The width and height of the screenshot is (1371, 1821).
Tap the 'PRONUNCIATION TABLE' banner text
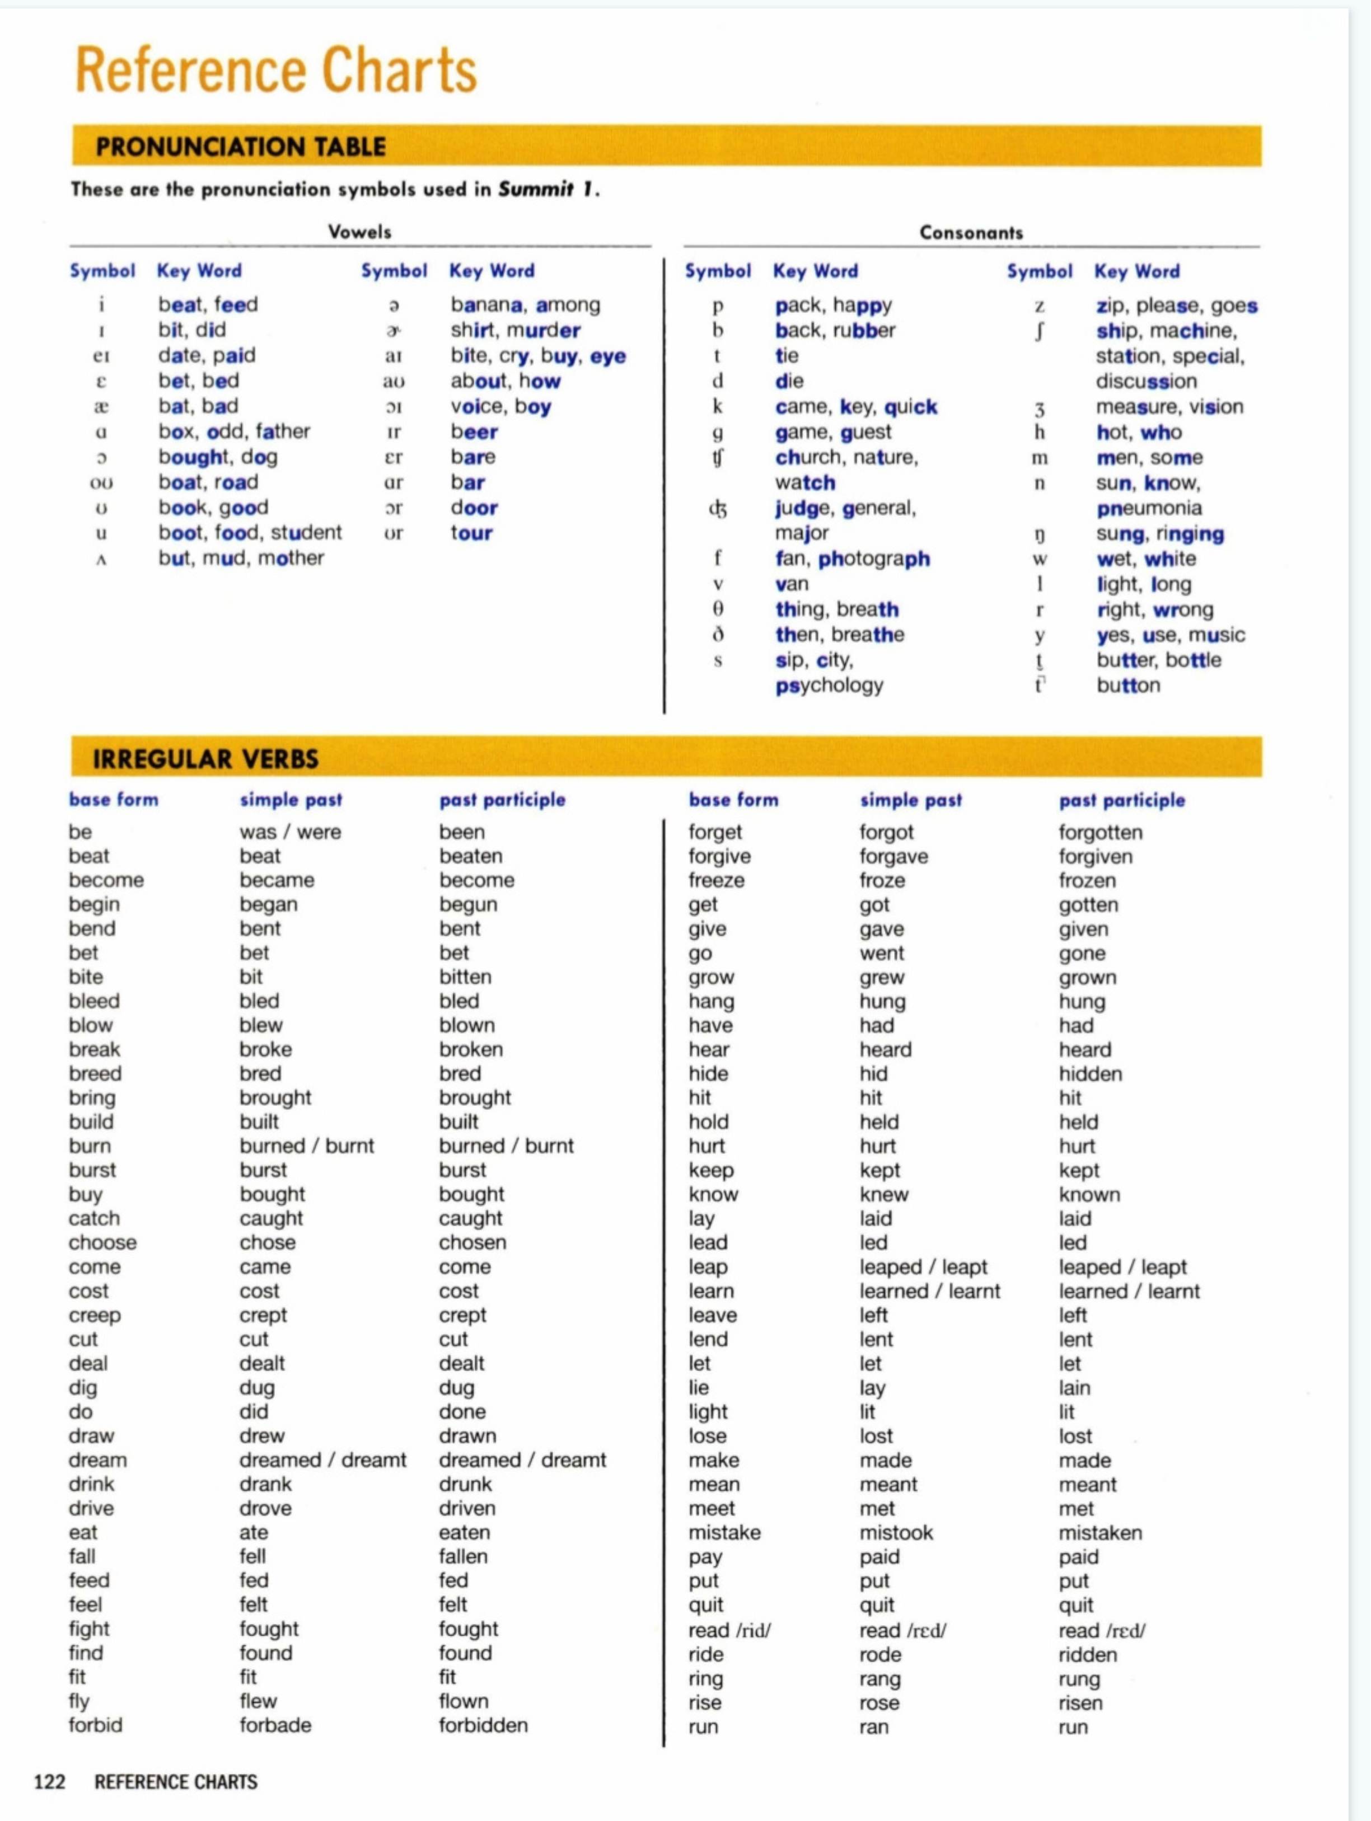click(x=240, y=147)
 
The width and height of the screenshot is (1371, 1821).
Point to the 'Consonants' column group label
click(x=971, y=232)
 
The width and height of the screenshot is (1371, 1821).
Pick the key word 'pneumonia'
click(x=1149, y=508)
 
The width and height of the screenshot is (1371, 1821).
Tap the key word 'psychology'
click(x=829, y=685)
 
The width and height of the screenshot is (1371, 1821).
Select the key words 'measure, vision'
click(x=1169, y=407)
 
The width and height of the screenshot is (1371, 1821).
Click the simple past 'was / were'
click(x=290, y=832)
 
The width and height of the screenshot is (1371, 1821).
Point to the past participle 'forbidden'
click(x=483, y=1725)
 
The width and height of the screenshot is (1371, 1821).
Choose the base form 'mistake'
click(x=724, y=1532)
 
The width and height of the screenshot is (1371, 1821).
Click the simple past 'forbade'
click(x=275, y=1725)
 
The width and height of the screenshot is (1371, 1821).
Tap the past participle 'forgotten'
click(x=1100, y=832)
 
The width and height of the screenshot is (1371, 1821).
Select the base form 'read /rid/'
click(x=729, y=1630)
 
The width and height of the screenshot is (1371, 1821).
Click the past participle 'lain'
click(x=1074, y=1388)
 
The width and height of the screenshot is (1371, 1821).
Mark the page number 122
click(x=49, y=1782)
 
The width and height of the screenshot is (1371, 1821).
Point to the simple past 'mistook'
click(x=896, y=1532)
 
